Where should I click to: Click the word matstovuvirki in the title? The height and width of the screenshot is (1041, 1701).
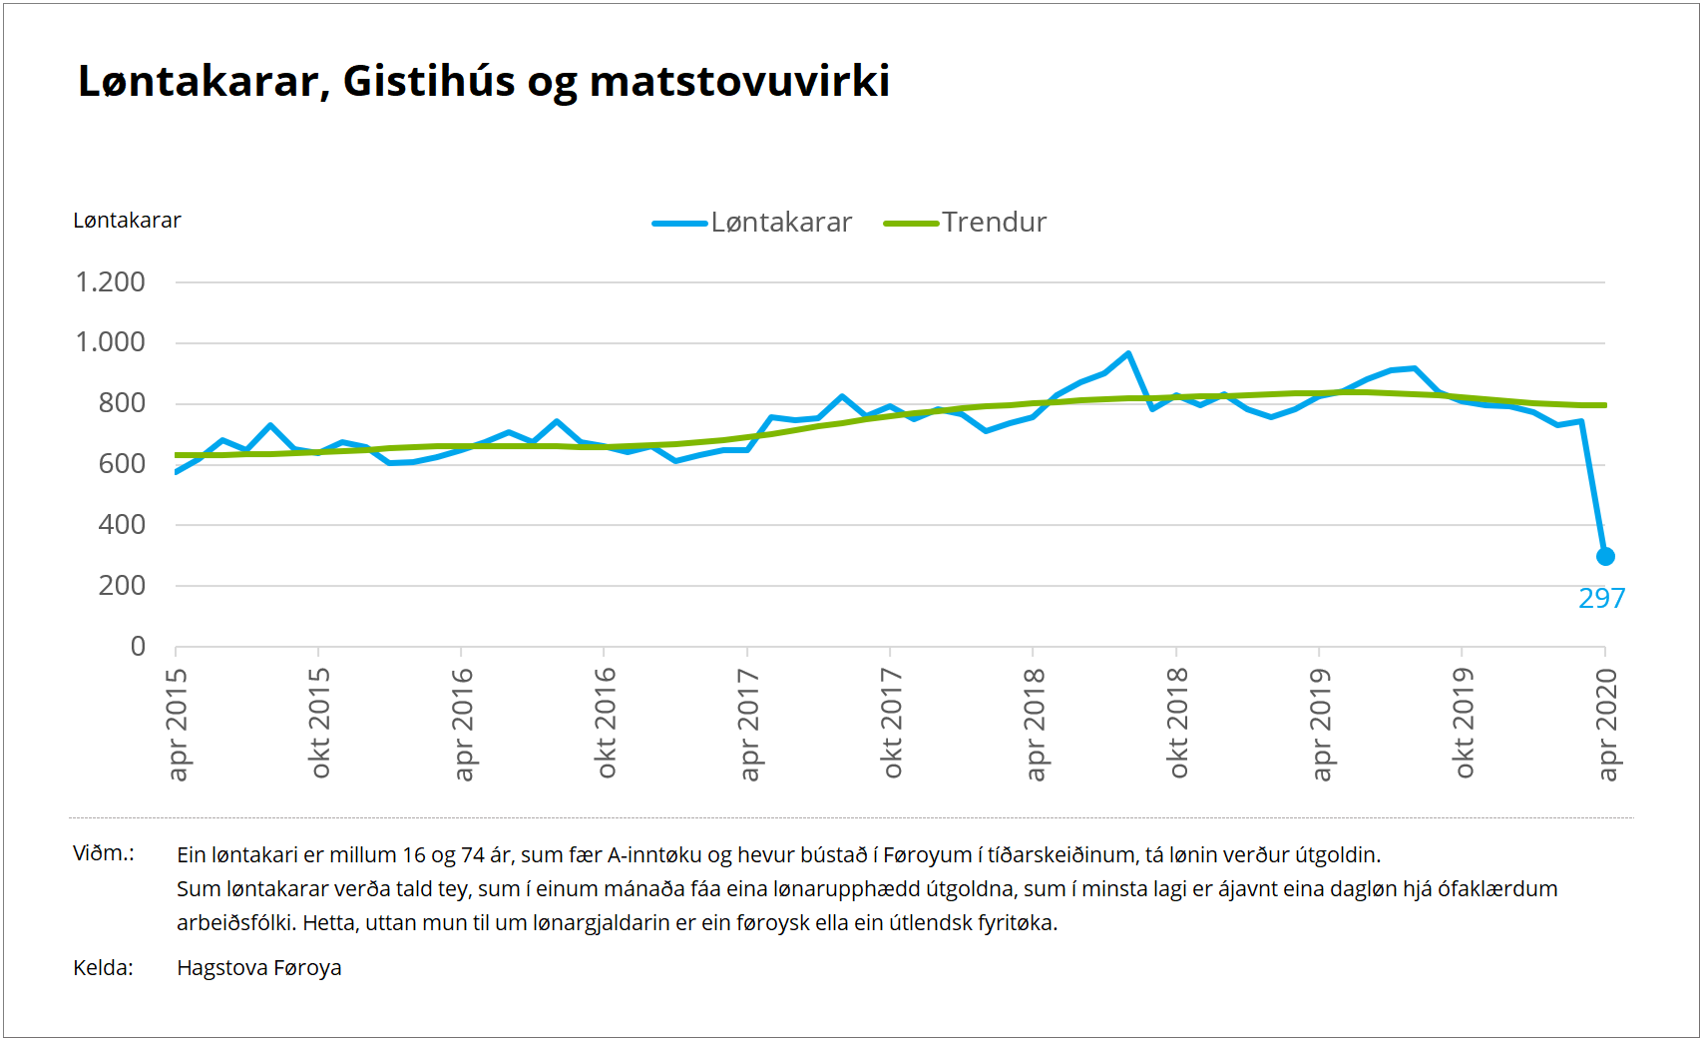point(739,82)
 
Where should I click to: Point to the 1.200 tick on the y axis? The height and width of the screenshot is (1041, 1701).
point(111,282)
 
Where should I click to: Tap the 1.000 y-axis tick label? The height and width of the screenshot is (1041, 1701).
point(111,342)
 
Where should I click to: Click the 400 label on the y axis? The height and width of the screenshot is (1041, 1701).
point(122,525)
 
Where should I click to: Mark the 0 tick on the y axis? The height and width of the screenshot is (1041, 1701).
point(138,647)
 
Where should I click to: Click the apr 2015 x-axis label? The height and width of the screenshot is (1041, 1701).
point(177,724)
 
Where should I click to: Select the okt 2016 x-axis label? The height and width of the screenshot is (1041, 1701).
point(606,724)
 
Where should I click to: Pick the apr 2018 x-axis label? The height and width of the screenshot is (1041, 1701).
point(1035,724)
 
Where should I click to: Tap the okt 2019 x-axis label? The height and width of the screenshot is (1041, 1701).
point(1464,724)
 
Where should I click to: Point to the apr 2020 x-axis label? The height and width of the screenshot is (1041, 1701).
point(1606,724)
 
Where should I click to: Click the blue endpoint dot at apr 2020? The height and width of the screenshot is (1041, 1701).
point(1605,557)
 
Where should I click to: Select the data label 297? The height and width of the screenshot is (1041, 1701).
point(1601,599)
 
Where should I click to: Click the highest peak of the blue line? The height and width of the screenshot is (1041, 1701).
point(1128,353)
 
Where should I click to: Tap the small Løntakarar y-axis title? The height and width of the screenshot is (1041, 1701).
point(127,221)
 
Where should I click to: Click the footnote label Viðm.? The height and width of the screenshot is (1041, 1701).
point(104,853)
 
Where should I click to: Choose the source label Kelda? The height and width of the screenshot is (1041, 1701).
point(103,968)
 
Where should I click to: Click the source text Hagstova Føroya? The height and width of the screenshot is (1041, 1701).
point(259,968)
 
